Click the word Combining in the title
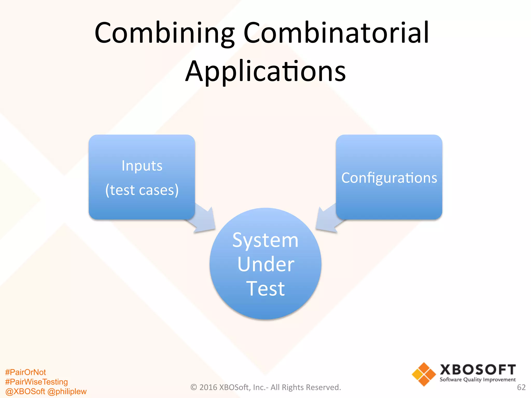click(x=164, y=33)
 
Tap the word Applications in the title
click(x=265, y=71)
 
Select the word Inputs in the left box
click(x=142, y=166)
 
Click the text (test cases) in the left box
click(x=142, y=190)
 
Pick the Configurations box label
click(x=389, y=178)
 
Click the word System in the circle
click(x=265, y=240)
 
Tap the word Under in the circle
click(x=265, y=264)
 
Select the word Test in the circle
click(x=265, y=288)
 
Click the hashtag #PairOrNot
click(x=25, y=372)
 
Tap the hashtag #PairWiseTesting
click(x=36, y=382)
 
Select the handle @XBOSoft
click(x=25, y=391)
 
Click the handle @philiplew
click(x=67, y=391)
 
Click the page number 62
click(x=521, y=387)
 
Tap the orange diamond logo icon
click(x=424, y=374)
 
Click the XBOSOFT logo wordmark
click(x=478, y=370)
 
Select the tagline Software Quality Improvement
click(x=478, y=380)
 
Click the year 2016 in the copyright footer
click(x=208, y=387)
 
